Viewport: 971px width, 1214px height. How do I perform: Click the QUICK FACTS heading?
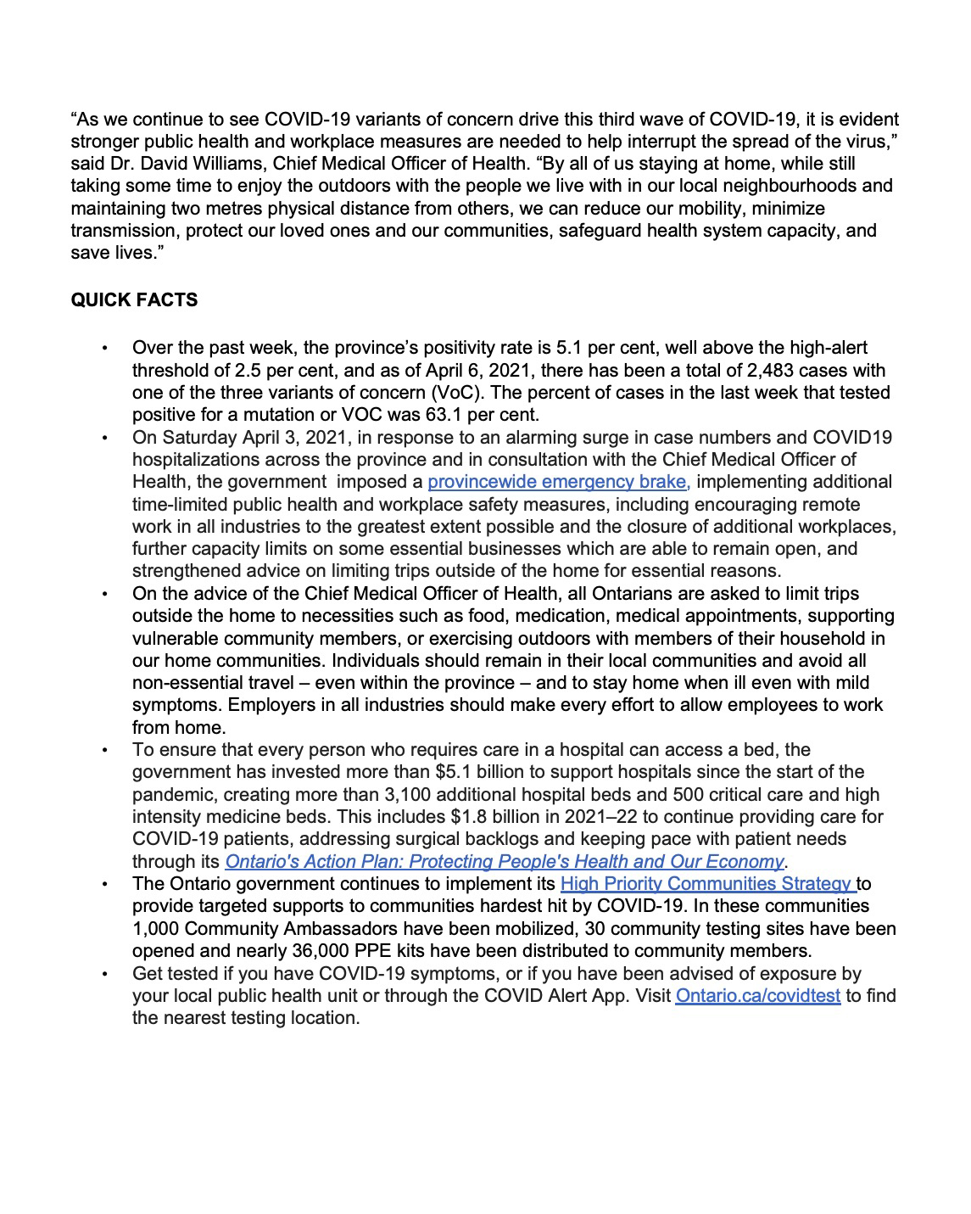pos(134,300)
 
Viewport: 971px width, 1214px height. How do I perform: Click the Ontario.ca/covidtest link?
pos(757,996)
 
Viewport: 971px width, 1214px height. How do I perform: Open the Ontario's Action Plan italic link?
pos(504,862)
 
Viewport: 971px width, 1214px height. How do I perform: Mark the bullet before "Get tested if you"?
pos(104,974)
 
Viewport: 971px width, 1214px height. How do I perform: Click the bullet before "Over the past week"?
pos(104,348)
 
